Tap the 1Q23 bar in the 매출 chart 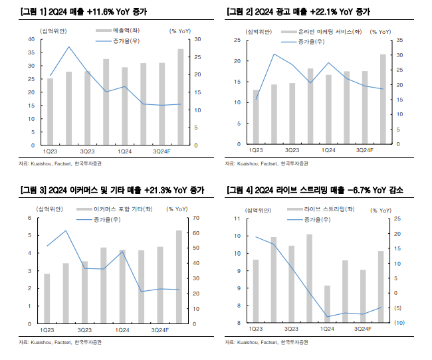(x=50, y=112)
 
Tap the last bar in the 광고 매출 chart (x=383, y=99)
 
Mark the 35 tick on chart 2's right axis (x=399, y=41)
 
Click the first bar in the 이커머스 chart (x=47, y=298)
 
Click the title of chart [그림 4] (x=315, y=191)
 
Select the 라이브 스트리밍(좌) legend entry (x=320, y=210)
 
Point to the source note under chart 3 (x=61, y=342)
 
